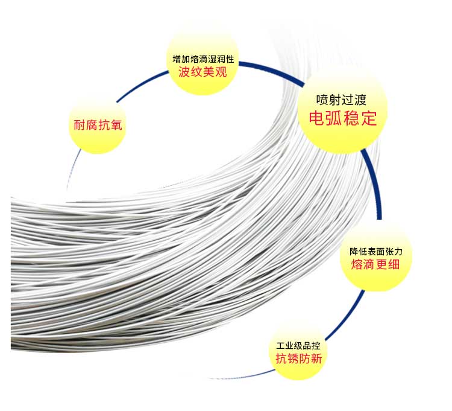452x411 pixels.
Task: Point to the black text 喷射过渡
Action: (x=342, y=100)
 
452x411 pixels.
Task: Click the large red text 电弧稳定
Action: (x=342, y=118)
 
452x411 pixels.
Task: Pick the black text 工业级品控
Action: (x=298, y=346)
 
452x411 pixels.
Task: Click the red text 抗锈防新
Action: (x=298, y=358)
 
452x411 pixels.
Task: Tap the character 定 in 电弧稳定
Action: (x=369, y=118)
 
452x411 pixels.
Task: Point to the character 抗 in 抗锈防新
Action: (x=281, y=358)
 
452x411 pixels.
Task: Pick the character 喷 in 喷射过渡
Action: (x=322, y=100)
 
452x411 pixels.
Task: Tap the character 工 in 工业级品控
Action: (x=280, y=346)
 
